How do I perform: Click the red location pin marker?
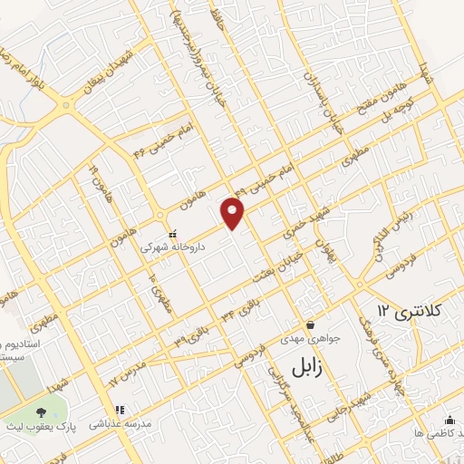click(x=233, y=214)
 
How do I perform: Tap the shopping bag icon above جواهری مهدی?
click(x=311, y=324)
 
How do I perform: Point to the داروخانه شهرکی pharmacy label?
click(x=172, y=246)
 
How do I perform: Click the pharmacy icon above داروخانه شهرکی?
click(x=172, y=232)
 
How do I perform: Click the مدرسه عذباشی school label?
click(x=121, y=423)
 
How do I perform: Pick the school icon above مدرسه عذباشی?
click(x=119, y=410)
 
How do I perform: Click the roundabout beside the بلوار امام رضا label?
click(x=67, y=105)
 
